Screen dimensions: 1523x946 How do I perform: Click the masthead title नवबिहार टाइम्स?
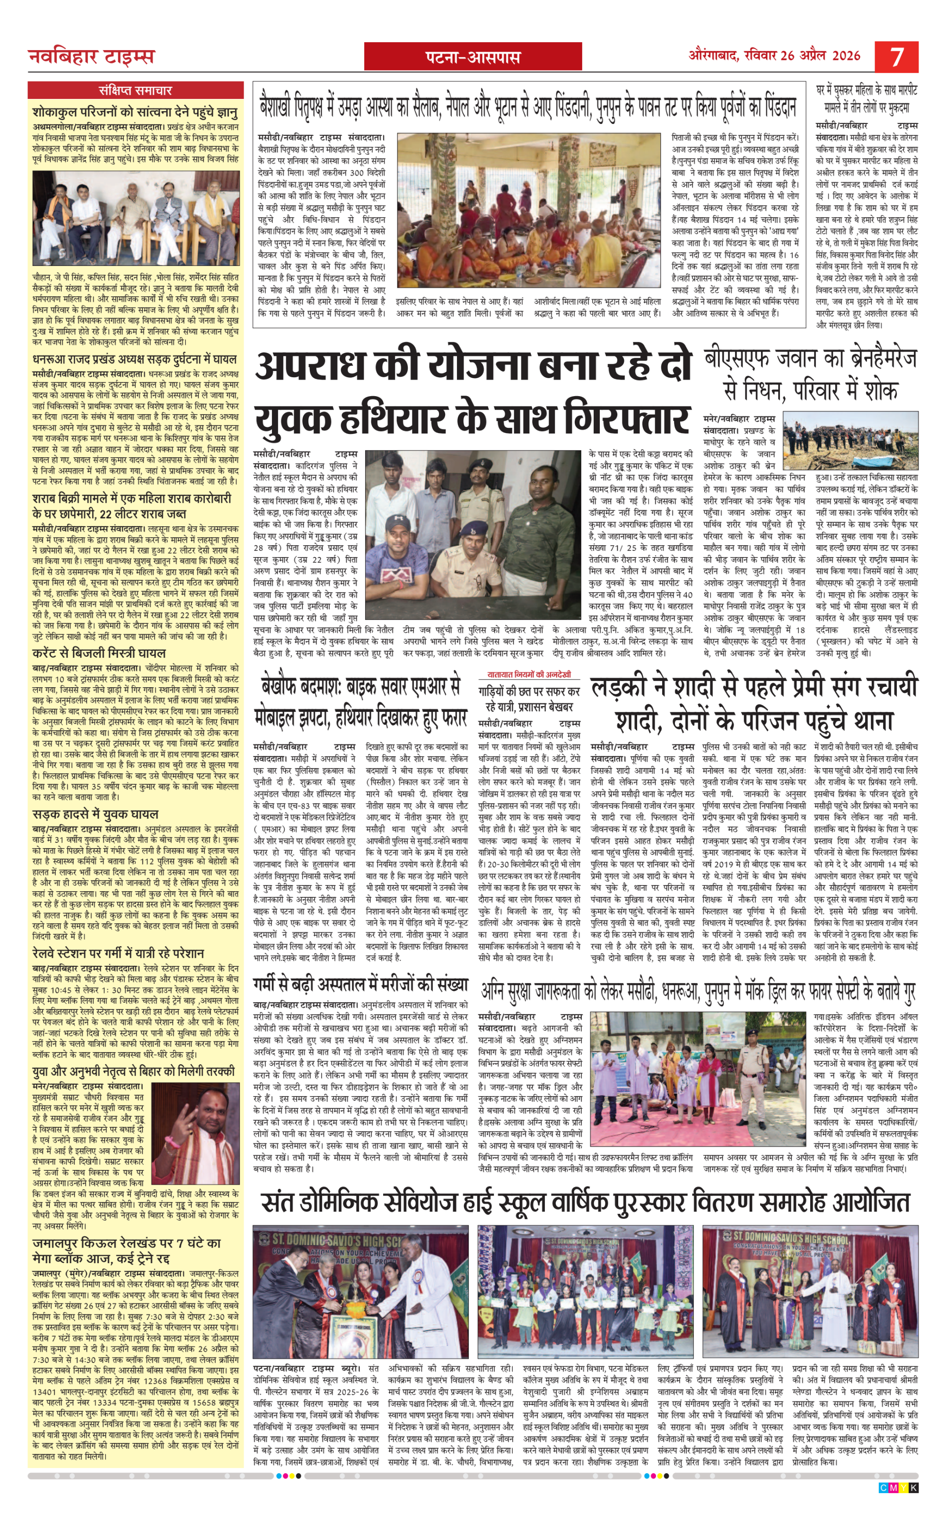point(91,57)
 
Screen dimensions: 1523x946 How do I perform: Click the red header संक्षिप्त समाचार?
point(135,90)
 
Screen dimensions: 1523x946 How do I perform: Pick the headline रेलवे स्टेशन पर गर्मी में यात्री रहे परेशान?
point(118,953)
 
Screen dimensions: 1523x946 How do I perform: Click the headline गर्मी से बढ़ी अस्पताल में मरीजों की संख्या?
point(360,985)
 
